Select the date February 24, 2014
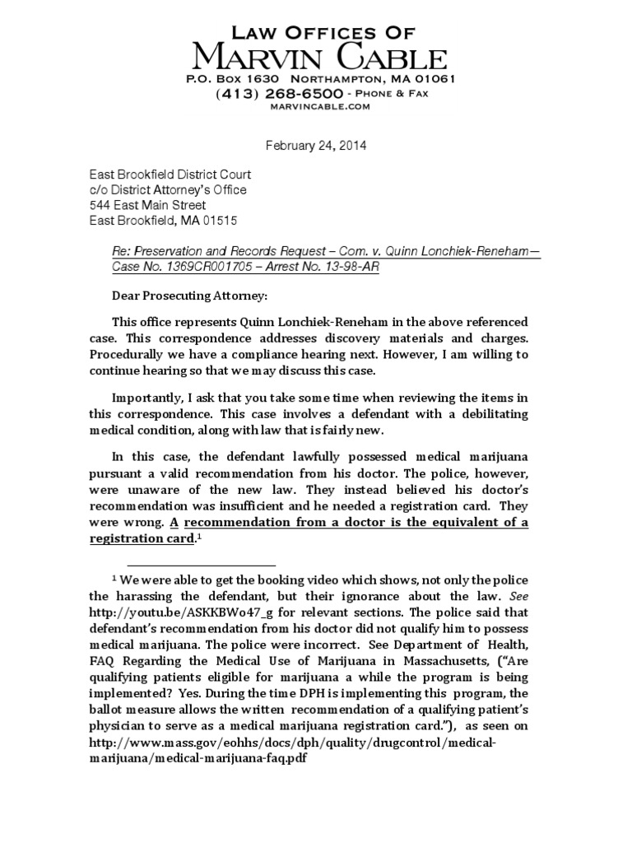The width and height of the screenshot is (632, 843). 315,147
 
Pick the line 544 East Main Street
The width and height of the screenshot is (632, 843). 147,205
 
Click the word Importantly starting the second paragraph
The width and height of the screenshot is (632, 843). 146,398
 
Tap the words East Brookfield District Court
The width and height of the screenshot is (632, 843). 170,175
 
